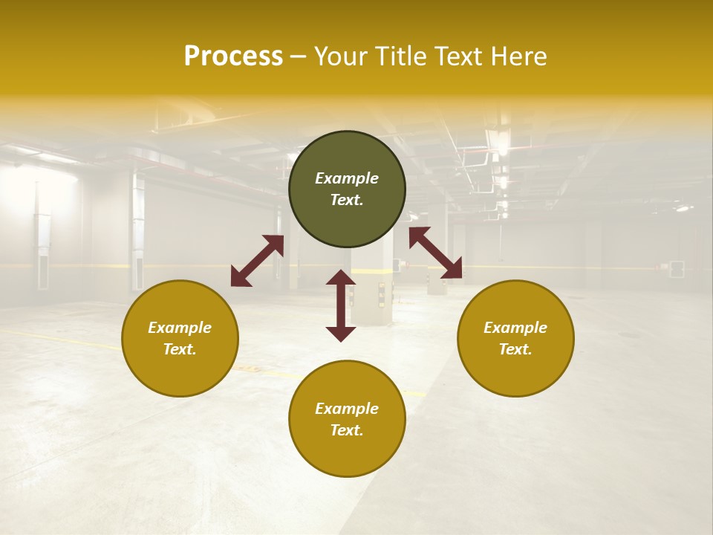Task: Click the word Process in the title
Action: [x=233, y=56]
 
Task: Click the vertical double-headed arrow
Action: [x=341, y=305]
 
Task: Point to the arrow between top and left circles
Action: [x=257, y=261]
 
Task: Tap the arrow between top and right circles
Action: [x=435, y=253]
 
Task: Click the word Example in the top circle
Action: [x=347, y=178]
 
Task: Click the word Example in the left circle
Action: [x=180, y=328]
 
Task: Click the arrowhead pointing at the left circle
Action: [x=240, y=277]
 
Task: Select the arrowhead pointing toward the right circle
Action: [x=451, y=269]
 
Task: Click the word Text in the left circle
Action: [x=180, y=349]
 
